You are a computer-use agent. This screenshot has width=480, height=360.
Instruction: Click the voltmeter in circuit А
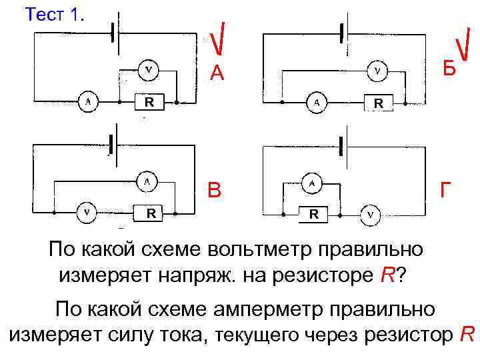point(149,68)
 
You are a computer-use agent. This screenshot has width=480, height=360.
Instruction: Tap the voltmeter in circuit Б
point(378,69)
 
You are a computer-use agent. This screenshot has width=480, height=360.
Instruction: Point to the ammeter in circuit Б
point(317,103)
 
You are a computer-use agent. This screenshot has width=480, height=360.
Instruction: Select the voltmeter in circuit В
point(87,213)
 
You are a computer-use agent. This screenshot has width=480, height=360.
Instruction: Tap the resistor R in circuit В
point(151,213)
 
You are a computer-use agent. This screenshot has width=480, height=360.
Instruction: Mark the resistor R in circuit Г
point(313,215)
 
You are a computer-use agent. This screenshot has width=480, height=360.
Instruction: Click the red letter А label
point(217,73)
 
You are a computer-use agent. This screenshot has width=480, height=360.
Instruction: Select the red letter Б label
point(449,68)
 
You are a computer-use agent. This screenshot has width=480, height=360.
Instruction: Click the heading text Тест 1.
point(55,15)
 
